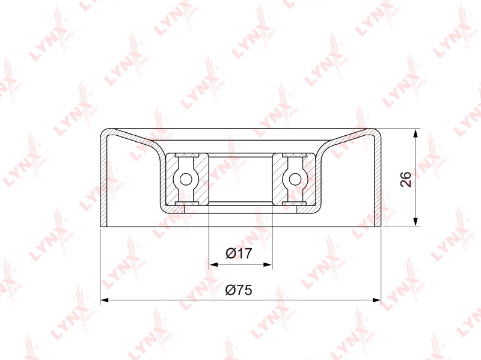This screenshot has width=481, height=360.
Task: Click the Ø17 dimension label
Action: pyautogui.click(x=239, y=253)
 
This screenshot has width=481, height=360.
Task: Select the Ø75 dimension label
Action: pyautogui.click(x=239, y=290)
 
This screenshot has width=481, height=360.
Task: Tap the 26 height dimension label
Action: pyautogui.click(x=405, y=179)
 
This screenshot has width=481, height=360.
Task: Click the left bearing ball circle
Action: pyautogui.click(x=186, y=179)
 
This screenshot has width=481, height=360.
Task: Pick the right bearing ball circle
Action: pyautogui.click(x=295, y=179)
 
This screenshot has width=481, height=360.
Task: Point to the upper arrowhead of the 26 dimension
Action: pyautogui.click(x=415, y=133)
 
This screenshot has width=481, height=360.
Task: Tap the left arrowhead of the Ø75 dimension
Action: pyautogui.click(x=105, y=300)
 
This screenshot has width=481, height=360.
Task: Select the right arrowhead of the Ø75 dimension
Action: pyautogui.click(x=376, y=300)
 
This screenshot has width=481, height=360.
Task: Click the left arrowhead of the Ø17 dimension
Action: pyautogui.click(x=213, y=264)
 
